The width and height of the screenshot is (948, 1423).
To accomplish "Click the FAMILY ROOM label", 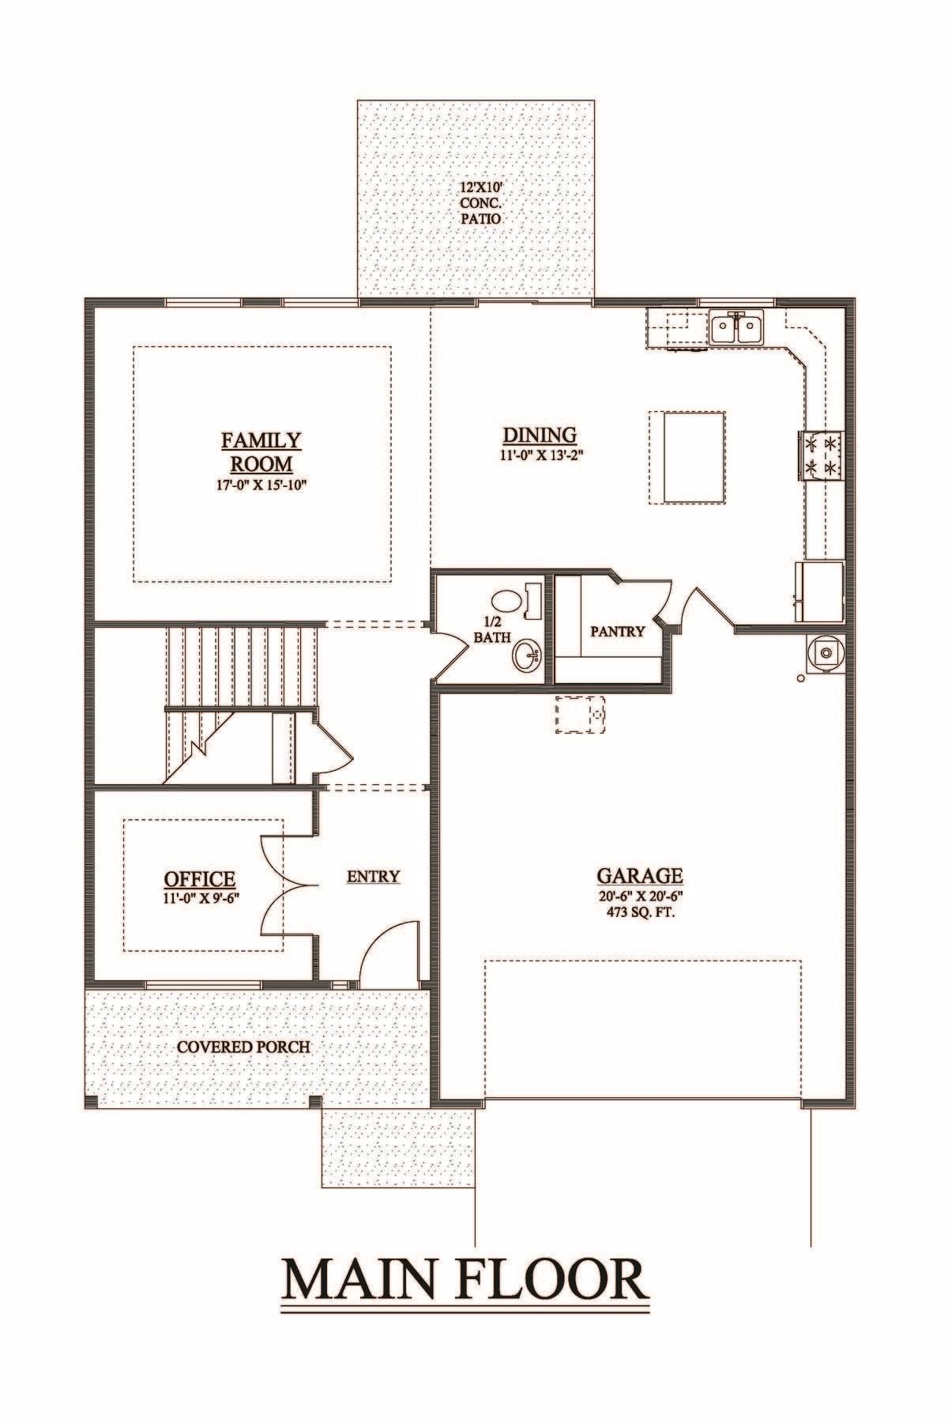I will pyautogui.click(x=261, y=451).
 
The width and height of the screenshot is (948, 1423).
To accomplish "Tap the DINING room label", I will pyautogui.click(x=540, y=435).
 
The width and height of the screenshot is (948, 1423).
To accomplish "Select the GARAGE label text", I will pyautogui.click(x=639, y=875).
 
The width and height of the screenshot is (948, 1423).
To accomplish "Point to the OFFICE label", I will pyautogui.click(x=199, y=878).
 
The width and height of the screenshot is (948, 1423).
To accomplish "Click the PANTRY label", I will pyautogui.click(x=618, y=632).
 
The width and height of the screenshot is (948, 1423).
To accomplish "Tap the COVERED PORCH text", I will pyautogui.click(x=243, y=1047).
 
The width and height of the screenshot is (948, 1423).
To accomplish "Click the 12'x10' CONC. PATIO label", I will pyautogui.click(x=481, y=202).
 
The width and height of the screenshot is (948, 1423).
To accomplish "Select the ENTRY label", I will pyautogui.click(x=373, y=876).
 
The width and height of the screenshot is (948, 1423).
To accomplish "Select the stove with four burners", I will pyautogui.click(x=822, y=456).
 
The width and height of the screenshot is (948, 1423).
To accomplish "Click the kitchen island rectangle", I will pyautogui.click(x=687, y=456).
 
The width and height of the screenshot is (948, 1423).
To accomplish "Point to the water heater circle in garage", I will pyautogui.click(x=826, y=653).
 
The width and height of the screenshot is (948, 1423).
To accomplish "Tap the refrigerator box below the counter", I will pyautogui.click(x=821, y=591).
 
